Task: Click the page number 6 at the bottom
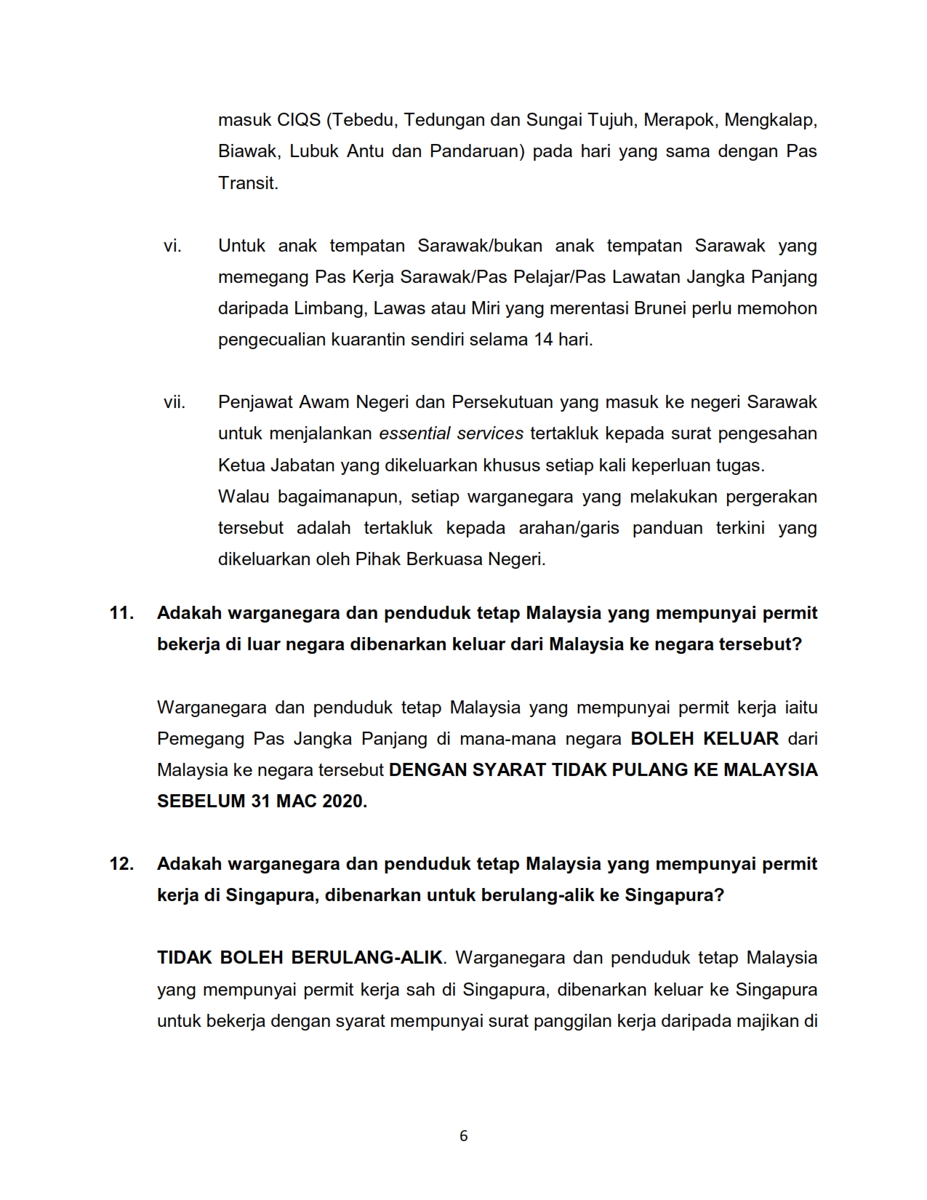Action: tap(464, 1136)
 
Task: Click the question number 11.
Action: tap(121, 613)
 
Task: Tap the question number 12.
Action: tap(121, 864)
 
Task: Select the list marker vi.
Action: tap(172, 246)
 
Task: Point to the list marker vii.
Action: tap(174, 402)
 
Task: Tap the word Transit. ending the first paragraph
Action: tap(248, 183)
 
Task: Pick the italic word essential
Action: tap(414, 433)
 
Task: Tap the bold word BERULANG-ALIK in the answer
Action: tap(367, 958)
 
